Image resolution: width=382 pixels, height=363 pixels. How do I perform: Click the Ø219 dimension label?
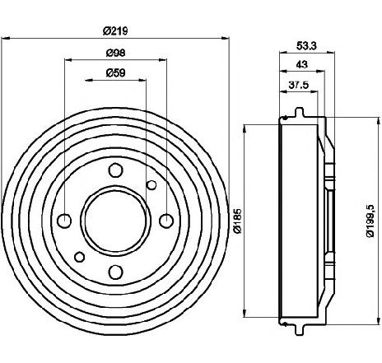pyautogui.click(x=115, y=30)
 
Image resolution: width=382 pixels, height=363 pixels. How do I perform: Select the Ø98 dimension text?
pyautogui.click(x=115, y=53)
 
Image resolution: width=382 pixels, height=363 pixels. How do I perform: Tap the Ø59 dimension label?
pyautogui.click(x=115, y=72)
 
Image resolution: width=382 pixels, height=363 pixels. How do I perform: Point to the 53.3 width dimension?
pyautogui.click(x=306, y=45)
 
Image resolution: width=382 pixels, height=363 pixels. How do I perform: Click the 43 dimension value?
pyautogui.click(x=302, y=64)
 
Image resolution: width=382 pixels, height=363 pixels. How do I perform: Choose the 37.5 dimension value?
pyautogui.click(x=299, y=85)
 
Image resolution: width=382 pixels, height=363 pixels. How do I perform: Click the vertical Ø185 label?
pyautogui.click(x=237, y=221)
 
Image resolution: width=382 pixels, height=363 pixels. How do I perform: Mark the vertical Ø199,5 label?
pyautogui.click(x=370, y=221)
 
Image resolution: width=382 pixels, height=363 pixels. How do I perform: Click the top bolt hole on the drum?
pyautogui.click(x=115, y=170)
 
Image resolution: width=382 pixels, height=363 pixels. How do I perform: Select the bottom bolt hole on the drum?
pyautogui.click(x=115, y=272)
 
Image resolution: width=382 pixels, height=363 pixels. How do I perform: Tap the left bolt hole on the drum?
pyautogui.click(x=65, y=221)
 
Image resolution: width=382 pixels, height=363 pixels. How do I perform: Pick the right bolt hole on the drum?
pyautogui.click(x=166, y=221)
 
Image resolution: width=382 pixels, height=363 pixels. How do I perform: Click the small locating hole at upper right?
pyautogui.click(x=151, y=185)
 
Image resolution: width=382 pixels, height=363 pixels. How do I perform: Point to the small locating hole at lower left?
pyautogui.click(x=80, y=257)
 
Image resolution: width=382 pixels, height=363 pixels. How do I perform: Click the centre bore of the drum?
pyautogui.click(x=115, y=221)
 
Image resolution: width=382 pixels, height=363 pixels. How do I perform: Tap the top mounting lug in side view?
pyautogui.click(x=300, y=112)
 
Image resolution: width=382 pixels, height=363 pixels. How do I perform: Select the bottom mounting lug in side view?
pyautogui.click(x=300, y=330)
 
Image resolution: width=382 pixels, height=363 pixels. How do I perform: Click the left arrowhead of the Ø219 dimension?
pyautogui.click(x=6, y=39)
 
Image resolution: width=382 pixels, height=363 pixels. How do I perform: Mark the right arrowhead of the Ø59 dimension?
pyautogui.click(x=142, y=80)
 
